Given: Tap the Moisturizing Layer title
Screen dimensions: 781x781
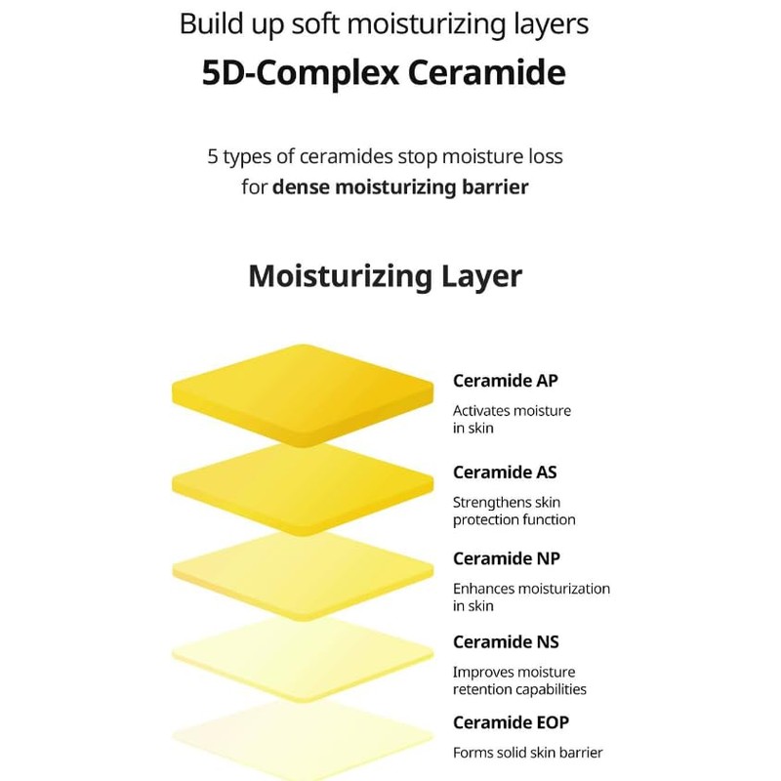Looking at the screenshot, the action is (x=385, y=275).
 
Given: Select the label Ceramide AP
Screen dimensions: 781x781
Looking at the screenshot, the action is (x=506, y=381).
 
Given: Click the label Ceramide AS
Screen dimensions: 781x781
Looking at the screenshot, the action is (x=505, y=472).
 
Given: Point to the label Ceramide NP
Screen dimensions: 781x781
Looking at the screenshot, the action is (x=506, y=558).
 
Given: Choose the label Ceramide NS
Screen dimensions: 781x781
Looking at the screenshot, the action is (x=506, y=641).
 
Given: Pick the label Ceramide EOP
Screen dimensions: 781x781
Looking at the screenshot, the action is (x=511, y=722).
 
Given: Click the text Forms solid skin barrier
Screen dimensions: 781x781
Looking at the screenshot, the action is (x=527, y=753).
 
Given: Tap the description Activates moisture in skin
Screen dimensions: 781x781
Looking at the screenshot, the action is (x=512, y=419).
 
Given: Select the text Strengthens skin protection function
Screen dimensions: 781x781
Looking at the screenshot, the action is (x=514, y=511).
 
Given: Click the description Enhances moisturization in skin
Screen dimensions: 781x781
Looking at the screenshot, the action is (x=531, y=596).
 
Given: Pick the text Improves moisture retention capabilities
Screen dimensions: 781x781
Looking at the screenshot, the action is (x=519, y=680).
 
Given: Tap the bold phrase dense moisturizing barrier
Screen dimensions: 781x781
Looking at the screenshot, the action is (x=400, y=185).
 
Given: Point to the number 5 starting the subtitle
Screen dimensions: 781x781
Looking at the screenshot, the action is (x=212, y=156).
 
